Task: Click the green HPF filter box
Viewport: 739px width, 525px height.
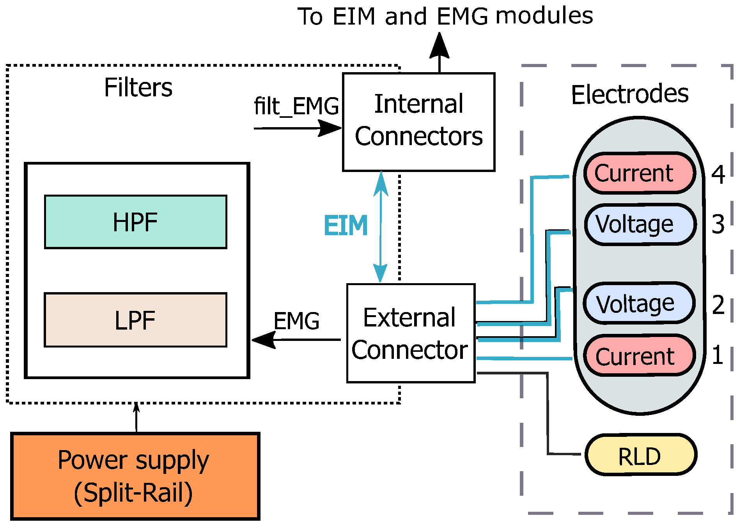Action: [135, 222]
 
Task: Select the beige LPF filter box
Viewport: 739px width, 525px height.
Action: [135, 320]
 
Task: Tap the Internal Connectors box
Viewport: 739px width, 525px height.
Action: [418, 122]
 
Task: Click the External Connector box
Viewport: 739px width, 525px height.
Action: [411, 333]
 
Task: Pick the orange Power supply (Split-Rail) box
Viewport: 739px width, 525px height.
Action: [135, 476]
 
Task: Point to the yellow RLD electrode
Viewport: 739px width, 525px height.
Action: [640, 455]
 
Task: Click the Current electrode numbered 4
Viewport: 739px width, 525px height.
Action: [640, 173]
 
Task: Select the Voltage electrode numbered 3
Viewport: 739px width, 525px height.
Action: [640, 224]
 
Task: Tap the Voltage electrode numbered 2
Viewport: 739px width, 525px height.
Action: [639, 303]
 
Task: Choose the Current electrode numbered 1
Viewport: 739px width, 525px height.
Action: [640, 355]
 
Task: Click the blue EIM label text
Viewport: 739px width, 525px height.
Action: [346, 226]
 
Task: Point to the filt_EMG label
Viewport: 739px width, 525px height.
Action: [296, 106]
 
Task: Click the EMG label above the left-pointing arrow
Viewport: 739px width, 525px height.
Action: [296, 321]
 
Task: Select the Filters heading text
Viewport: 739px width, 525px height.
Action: [138, 87]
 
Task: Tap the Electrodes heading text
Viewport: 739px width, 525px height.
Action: [629, 94]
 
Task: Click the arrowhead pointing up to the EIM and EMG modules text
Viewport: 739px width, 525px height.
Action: [440, 46]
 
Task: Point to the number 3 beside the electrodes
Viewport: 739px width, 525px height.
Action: [718, 225]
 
